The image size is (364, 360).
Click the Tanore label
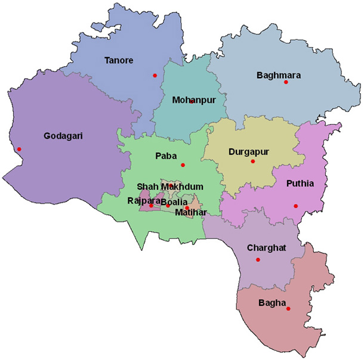pos(118,60)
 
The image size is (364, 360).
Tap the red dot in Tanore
pos(155,75)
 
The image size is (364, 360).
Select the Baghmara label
pos(278,75)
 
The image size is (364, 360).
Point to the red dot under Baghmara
pos(286,82)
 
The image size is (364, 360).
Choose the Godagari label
pos(63,136)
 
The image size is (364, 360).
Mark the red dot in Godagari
pos(19,149)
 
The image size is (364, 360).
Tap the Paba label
pos(165,156)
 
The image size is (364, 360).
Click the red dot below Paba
pos(183,165)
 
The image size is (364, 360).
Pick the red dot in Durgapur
pos(253,162)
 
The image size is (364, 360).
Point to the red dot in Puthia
pos(295,206)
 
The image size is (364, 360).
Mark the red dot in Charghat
pos(258,259)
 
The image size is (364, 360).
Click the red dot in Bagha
pos(288,309)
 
